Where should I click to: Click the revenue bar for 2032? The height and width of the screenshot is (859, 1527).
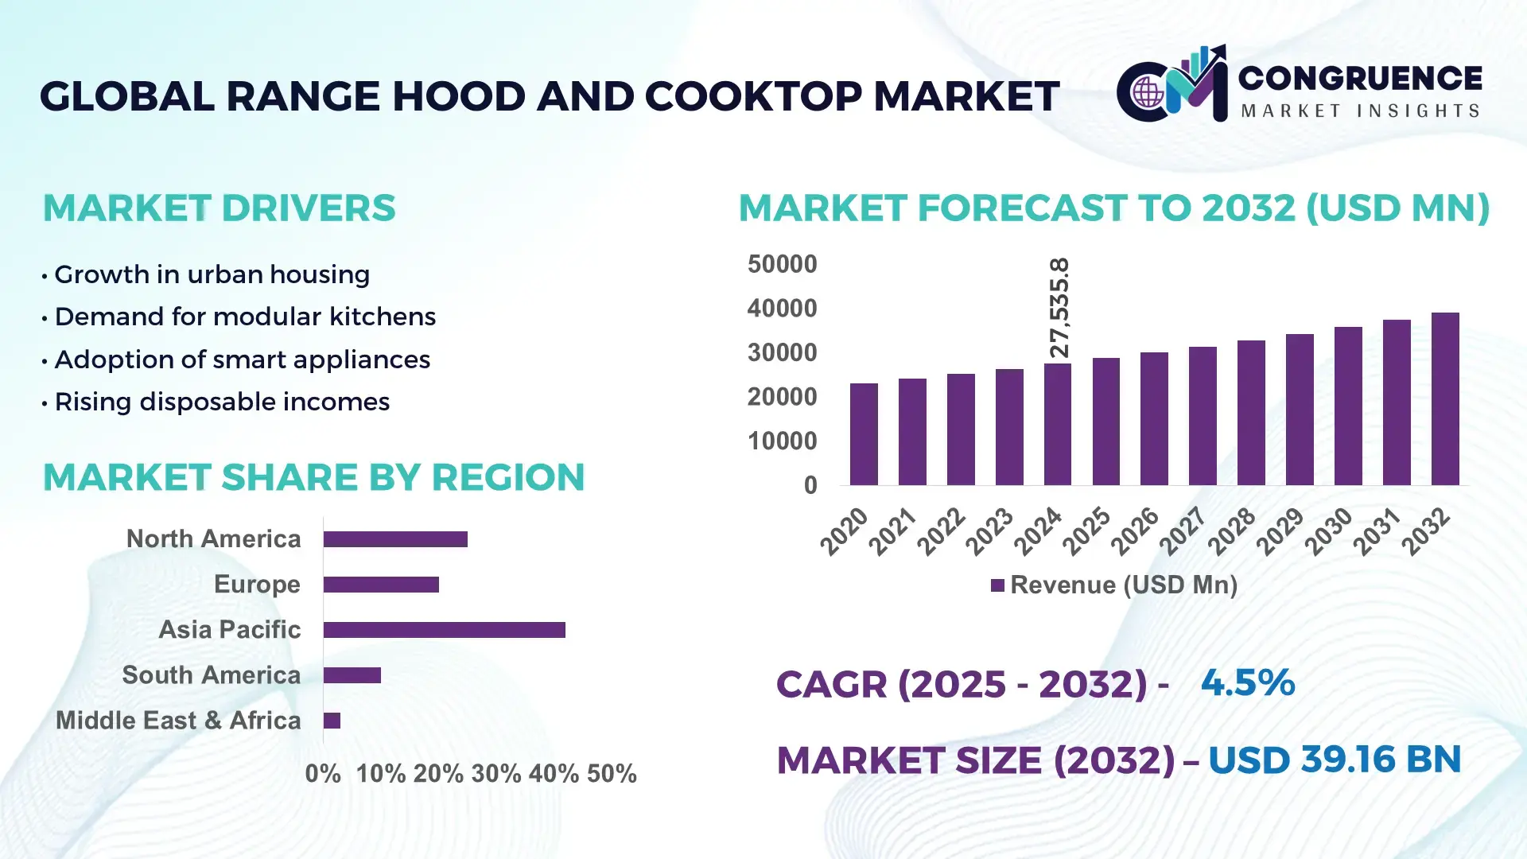pyautogui.click(x=1445, y=399)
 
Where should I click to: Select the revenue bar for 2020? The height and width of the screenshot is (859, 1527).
pyautogui.click(x=864, y=434)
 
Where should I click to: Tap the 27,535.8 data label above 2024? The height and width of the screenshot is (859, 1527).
pyautogui.click(x=1059, y=308)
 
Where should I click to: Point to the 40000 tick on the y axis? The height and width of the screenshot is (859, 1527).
pyautogui.click(x=782, y=308)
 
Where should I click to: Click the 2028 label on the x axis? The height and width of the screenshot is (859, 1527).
pyautogui.click(x=1231, y=531)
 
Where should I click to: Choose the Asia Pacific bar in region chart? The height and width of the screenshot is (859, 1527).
pyautogui.click(x=444, y=630)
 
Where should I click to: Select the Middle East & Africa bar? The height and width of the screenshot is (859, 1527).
pyautogui.click(x=332, y=721)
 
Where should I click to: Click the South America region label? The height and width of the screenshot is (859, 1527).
pyautogui.click(x=211, y=675)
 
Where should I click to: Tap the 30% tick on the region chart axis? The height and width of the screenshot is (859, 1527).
pyautogui.click(x=496, y=774)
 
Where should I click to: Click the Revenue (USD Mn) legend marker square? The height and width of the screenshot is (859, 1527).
pyautogui.click(x=997, y=585)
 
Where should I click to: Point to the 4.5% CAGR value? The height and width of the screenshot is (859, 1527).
pyautogui.click(x=1247, y=682)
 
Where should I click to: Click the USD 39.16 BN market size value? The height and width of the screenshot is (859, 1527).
pyautogui.click(x=1335, y=760)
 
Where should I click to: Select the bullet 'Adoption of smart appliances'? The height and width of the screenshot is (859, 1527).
pyautogui.click(x=242, y=360)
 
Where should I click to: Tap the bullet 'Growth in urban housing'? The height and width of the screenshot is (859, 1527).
pyautogui.click(x=212, y=274)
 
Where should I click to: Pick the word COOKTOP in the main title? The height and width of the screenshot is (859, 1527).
pyautogui.click(x=753, y=96)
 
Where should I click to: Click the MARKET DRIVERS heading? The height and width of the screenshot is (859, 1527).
pyautogui.click(x=219, y=208)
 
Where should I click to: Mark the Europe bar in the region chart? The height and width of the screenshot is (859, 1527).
pyautogui.click(x=381, y=585)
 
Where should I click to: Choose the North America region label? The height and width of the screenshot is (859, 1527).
pyautogui.click(x=213, y=539)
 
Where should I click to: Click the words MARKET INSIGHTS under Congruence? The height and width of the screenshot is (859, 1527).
pyautogui.click(x=1360, y=111)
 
